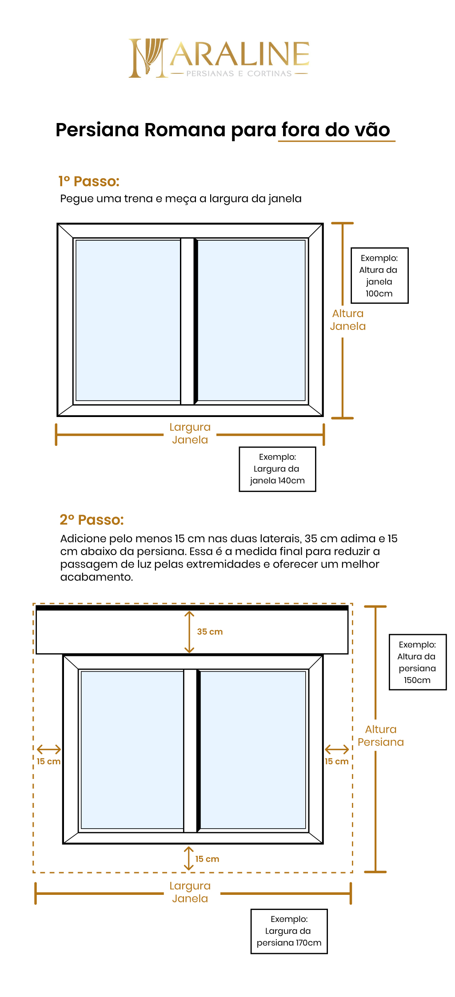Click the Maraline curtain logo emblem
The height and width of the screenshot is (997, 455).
(x=148, y=58)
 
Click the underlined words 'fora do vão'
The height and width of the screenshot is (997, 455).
(x=336, y=130)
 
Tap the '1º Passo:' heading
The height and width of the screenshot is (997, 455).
(x=89, y=181)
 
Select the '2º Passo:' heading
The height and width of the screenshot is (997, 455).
(x=92, y=520)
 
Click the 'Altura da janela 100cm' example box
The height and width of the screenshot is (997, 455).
(x=379, y=275)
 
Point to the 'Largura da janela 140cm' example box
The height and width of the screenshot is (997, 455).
(x=277, y=469)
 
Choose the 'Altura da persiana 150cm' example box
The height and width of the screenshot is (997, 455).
(x=417, y=662)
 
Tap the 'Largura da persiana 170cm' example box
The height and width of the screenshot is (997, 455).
(x=289, y=931)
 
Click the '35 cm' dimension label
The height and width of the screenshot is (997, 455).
(x=210, y=632)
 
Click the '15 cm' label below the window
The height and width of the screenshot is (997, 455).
(x=207, y=859)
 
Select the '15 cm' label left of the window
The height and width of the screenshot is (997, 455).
(x=48, y=761)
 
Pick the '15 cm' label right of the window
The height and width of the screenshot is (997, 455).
(x=336, y=761)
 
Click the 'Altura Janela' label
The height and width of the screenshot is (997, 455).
(x=348, y=320)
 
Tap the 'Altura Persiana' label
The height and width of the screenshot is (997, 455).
(x=381, y=735)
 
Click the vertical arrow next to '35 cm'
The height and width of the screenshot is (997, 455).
(x=190, y=632)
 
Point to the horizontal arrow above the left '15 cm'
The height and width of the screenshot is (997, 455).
(x=49, y=750)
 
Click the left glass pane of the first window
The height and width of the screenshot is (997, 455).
(x=128, y=320)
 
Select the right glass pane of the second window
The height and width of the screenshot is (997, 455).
(x=253, y=750)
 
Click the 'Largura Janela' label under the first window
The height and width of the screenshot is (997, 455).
(x=190, y=433)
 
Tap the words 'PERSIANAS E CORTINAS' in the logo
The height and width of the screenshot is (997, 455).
(x=239, y=74)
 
